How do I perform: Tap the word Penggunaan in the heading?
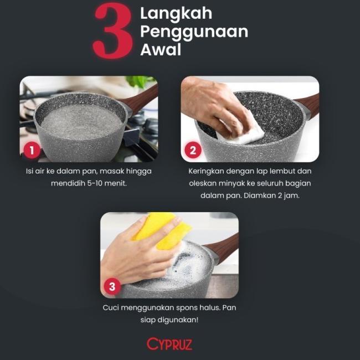[193, 33]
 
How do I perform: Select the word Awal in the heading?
[161, 50]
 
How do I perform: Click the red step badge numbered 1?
[32, 150]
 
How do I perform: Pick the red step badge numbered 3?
[112, 286]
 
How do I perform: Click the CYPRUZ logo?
[169, 344]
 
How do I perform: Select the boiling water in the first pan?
[81, 120]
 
